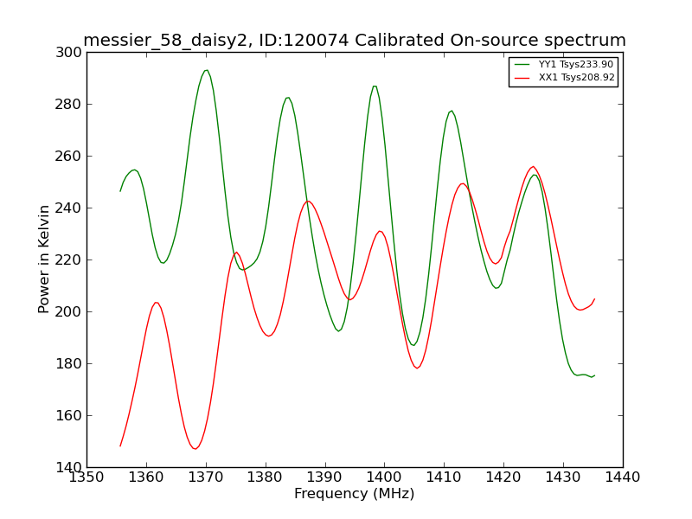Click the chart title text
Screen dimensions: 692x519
(x=355, y=40)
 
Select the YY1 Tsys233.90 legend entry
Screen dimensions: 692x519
(x=564, y=64)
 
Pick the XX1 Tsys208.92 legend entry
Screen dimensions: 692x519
(x=565, y=78)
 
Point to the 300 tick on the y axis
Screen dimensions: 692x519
(x=69, y=53)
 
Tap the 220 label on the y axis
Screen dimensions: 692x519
(x=69, y=260)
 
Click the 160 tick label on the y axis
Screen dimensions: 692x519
(x=69, y=416)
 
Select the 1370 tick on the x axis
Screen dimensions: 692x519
(x=206, y=477)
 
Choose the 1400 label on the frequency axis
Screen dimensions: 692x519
(x=384, y=477)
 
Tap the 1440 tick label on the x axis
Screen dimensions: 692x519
(x=623, y=477)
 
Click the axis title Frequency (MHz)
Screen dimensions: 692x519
(x=355, y=493)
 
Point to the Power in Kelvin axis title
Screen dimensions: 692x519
(x=44, y=259)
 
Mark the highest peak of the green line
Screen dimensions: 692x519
(x=206, y=70)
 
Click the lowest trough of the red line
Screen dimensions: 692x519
(x=195, y=449)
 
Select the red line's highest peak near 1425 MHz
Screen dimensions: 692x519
(x=533, y=166)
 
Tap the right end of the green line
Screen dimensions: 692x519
(x=594, y=375)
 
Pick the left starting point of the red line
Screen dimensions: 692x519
(x=120, y=446)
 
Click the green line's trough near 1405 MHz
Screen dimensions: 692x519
(x=413, y=345)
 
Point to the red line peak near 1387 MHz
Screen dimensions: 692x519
(x=308, y=202)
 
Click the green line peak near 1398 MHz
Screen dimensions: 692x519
(x=375, y=86)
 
